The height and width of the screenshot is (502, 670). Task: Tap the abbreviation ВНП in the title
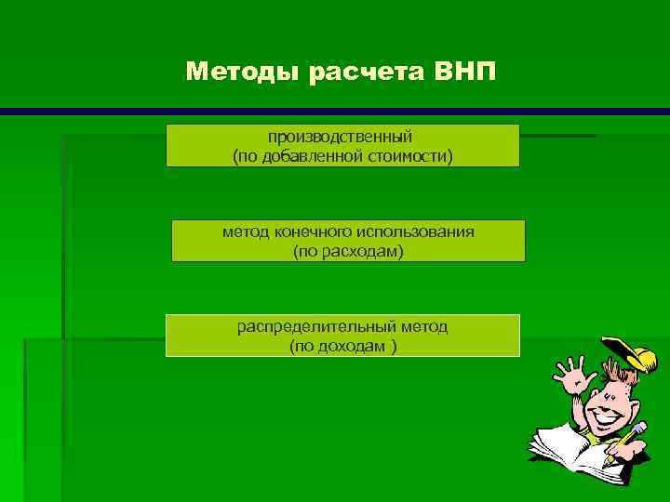click(x=465, y=72)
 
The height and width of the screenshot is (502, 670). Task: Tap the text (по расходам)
click(x=348, y=252)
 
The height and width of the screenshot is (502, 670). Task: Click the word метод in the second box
click(x=241, y=231)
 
